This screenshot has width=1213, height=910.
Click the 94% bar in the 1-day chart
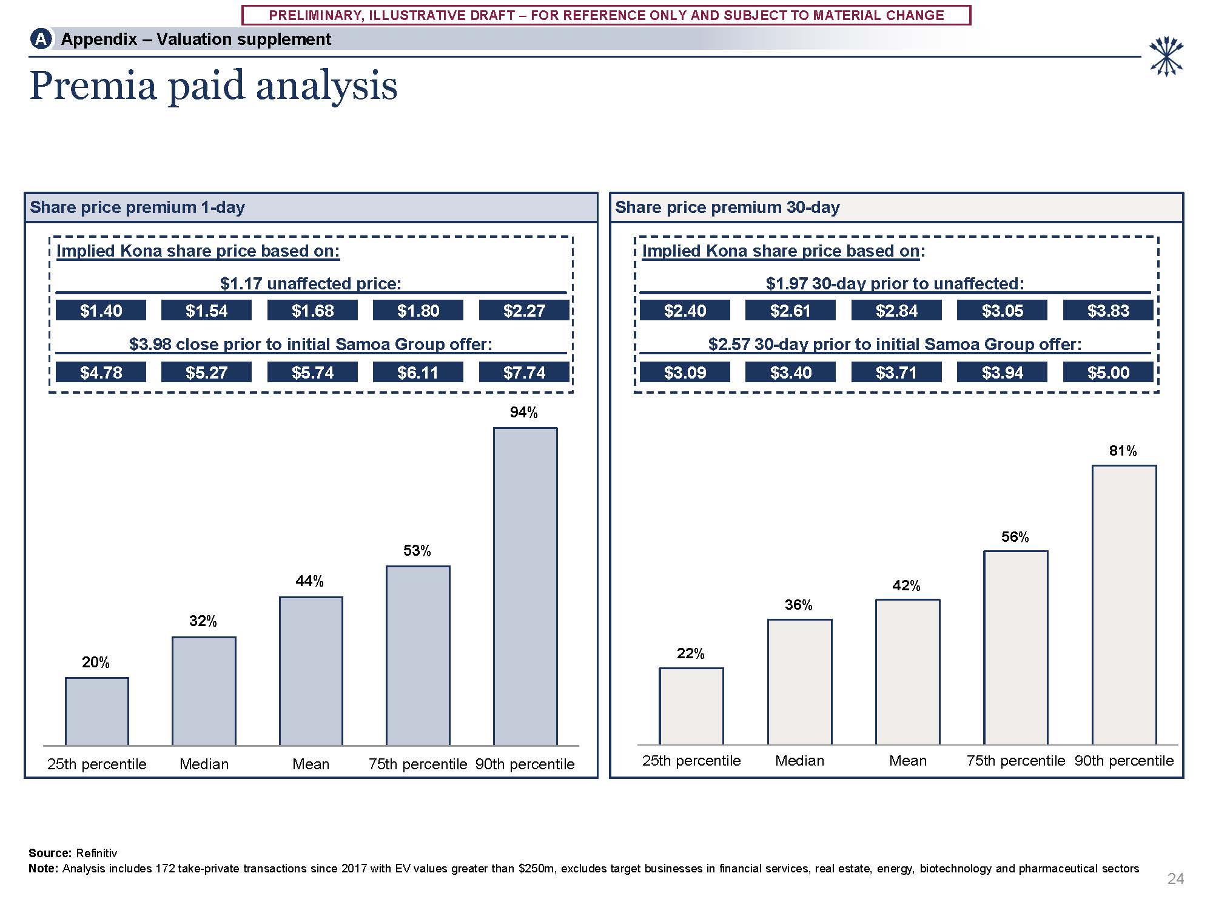click(525, 586)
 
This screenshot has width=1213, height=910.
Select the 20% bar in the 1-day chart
click(97, 711)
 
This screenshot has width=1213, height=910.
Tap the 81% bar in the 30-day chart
click(1124, 605)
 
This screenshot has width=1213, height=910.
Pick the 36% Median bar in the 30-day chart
click(799, 682)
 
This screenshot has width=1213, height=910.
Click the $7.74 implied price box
click(524, 372)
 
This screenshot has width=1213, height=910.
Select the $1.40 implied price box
click(101, 311)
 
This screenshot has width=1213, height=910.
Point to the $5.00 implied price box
click(1108, 372)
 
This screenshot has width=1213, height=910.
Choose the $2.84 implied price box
click(896, 311)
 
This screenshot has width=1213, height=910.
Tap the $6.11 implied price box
click(418, 372)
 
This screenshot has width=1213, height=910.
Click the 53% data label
click(417, 551)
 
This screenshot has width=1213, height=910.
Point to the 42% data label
click(906, 585)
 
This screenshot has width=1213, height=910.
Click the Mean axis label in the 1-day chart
click(311, 764)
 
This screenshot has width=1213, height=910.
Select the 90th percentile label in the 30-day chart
click(1124, 761)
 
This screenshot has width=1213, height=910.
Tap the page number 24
click(1175, 878)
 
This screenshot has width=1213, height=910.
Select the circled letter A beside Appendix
click(41, 39)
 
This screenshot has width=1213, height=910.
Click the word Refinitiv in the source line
click(96, 853)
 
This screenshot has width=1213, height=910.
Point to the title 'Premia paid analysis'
click(213, 86)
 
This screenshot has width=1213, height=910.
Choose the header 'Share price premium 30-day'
click(727, 207)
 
